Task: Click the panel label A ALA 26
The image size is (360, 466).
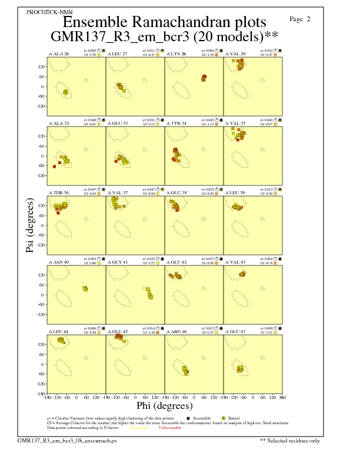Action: pyautogui.click(x=59, y=54)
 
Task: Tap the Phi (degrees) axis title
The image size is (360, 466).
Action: pyautogui.click(x=164, y=405)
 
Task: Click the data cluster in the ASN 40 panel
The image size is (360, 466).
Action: pyautogui.click(x=85, y=288)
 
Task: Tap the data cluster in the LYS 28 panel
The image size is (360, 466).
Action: pyautogui.click(x=204, y=78)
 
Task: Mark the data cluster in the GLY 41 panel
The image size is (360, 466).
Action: pyautogui.click(x=149, y=292)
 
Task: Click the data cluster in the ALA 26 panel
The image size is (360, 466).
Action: pyautogui.click(x=65, y=92)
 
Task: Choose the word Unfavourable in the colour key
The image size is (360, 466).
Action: pyautogui.click(x=169, y=427)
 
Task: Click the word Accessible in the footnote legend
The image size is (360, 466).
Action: pyautogui.click(x=202, y=418)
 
